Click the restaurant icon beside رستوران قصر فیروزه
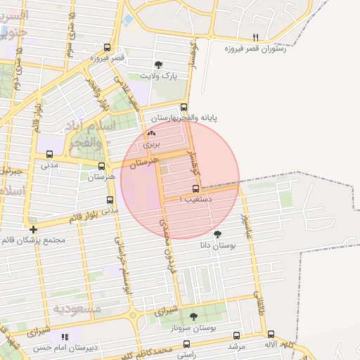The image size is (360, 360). click(x=255, y=37)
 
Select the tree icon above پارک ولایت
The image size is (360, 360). click(x=166, y=64)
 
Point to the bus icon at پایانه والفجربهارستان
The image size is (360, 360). click(x=184, y=108)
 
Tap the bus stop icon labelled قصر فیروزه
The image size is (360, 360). click(x=107, y=48)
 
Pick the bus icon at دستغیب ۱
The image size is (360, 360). click(x=196, y=188)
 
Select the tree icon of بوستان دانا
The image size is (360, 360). click(x=217, y=233)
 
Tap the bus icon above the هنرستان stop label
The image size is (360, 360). click(x=103, y=167)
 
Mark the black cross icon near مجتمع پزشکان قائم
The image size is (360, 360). click(x=33, y=229)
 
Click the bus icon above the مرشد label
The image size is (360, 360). click(x=236, y=336)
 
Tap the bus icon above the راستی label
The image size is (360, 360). click(x=186, y=344)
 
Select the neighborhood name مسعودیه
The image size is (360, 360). click(x=77, y=308)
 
